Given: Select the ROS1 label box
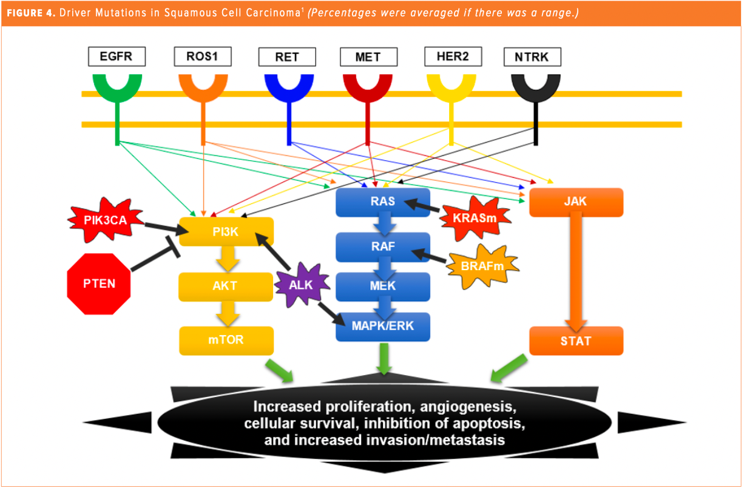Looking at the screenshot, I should pyautogui.click(x=203, y=58).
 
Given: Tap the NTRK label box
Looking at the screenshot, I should pyautogui.click(x=533, y=58).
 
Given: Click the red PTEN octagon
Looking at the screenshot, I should pyautogui.click(x=99, y=283).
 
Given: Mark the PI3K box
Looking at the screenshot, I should pyautogui.click(x=226, y=231).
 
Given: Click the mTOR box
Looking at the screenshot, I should pyautogui.click(x=226, y=341).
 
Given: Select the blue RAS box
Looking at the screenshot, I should pyautogui.click(x=383, y=202).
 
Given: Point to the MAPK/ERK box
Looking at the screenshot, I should pyautogui.click(x=383, y=327).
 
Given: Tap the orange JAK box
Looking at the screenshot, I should pyautogui.click(x=576, y=202).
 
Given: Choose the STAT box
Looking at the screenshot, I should pyautogui.click(x=576, y=341).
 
